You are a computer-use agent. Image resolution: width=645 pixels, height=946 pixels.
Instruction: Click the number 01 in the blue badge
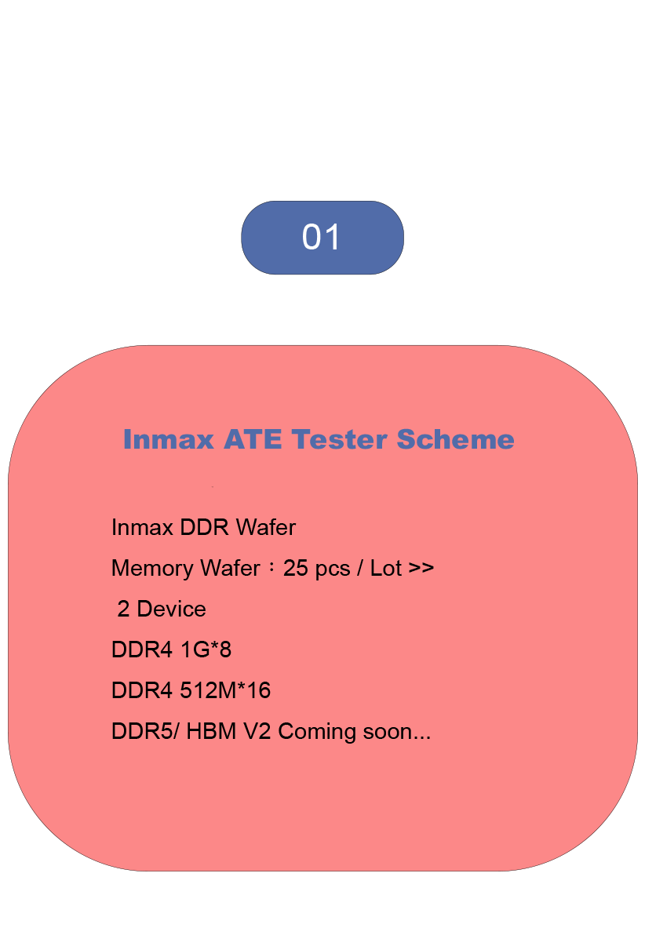pos(321,237)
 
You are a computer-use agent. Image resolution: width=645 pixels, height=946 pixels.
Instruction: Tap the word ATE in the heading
pos(253,439)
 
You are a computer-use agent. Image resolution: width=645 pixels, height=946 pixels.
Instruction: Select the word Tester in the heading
pos(339,439)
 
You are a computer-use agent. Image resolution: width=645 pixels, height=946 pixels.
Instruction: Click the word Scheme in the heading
pos(455,439)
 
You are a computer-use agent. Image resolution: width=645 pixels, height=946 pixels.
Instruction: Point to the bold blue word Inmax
pos(169,439)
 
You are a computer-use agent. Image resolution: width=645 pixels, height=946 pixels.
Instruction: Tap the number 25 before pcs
pos(295,568)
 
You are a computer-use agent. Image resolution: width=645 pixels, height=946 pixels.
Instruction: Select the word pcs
pos(333,569)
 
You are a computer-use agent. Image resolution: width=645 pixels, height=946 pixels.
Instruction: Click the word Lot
pos(385,568)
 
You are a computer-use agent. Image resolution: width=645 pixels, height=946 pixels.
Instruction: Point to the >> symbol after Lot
pos(421,568)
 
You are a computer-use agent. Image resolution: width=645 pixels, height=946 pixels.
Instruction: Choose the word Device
pos(172,609)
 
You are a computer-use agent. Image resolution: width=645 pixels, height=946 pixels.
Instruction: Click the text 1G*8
pos(206,649)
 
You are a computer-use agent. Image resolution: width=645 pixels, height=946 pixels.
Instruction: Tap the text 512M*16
pos(225,690)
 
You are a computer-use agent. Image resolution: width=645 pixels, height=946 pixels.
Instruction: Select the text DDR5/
pos(145,731)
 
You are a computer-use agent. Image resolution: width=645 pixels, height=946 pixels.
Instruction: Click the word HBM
pos(211,731)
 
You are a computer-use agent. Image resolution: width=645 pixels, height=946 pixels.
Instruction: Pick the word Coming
pos(317,733)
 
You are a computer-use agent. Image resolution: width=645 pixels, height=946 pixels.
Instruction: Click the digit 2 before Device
pos(123,609)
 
